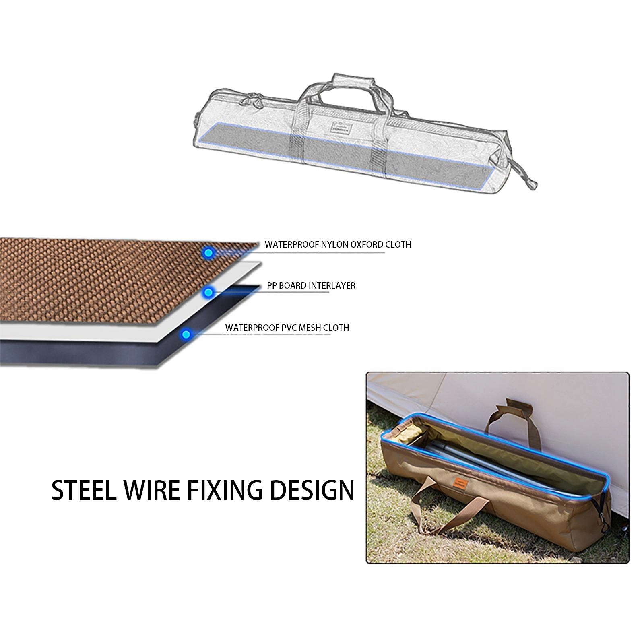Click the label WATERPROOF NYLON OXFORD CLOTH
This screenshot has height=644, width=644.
(x=338, y=244)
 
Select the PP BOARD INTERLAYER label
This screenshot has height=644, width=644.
(x=311, y=285)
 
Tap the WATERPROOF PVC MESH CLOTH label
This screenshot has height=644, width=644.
(x=287, y=328)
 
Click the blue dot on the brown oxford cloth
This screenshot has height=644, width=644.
(x=208, y=253)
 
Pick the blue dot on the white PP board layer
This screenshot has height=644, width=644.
(x=208, y=293)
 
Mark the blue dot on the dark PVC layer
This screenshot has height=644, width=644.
(x=186, y=334)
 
